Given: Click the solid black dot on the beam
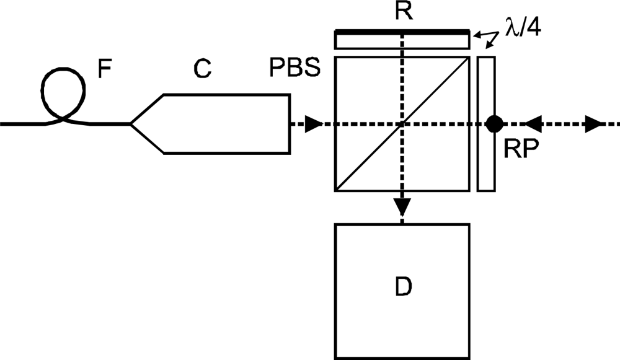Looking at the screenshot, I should pos(494,124).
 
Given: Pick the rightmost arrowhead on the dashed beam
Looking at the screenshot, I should pos(593,124).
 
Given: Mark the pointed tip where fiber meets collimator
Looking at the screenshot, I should pos(131,124).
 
